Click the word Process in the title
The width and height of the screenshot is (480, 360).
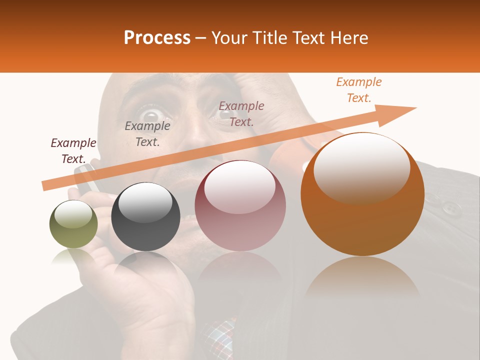[x=157, y=38]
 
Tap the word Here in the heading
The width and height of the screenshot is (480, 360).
[x=349, y=38]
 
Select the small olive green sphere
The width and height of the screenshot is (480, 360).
[x=73, y=224]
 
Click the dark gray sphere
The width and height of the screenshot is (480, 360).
[x=145, y=217]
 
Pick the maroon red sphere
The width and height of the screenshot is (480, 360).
[x=240, y=206]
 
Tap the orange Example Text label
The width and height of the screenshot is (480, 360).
[x=358, y=90]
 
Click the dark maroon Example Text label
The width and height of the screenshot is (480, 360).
[x=73, y=150]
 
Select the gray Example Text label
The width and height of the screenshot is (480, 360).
[x=147, y=133]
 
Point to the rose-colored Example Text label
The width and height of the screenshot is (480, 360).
[x=241, y=113]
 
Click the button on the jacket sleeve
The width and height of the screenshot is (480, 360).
[x=451, y=206]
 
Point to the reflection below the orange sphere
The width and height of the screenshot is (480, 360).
[x=362, y=277]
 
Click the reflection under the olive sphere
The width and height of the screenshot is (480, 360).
[x=73, y=257]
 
